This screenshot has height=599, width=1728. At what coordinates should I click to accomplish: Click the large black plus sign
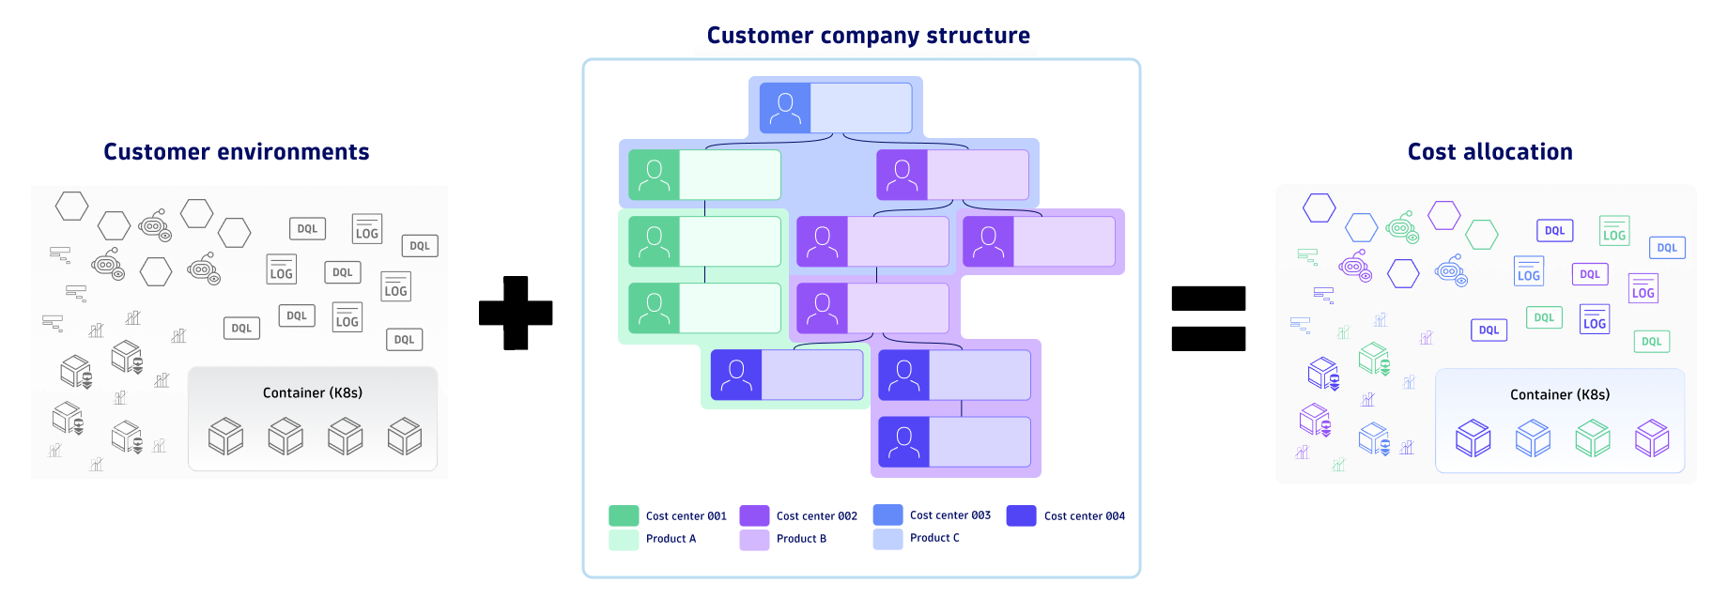tap(516, 313)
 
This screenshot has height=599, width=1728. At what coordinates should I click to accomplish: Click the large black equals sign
tap(1208, 318)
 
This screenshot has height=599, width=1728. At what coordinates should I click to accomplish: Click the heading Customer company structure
tap(868, 36)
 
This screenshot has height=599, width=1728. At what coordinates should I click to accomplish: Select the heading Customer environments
tap(236, 152)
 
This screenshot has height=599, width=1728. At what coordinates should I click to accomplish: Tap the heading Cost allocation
tap(1489, 152)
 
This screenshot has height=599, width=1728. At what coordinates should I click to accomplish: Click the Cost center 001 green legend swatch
tap(624, 515)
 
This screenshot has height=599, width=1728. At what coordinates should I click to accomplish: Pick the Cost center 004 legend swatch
tap(1021, 515)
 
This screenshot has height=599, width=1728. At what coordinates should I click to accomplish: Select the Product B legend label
tap(801, 539)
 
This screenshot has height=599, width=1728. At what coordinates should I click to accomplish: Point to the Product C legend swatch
tap(887, 539)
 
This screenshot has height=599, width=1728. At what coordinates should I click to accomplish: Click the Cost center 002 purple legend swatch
tap(754, 515)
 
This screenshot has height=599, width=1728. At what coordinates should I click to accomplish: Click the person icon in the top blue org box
tap(784, 108)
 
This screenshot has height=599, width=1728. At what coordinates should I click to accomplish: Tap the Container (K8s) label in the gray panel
tap(312, 392)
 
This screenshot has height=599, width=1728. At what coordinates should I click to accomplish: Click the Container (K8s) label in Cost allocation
tap(1559, 394)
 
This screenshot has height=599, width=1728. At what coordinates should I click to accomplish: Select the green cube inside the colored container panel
tap(1592, 438)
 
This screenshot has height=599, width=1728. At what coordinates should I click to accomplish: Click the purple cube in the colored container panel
tap(1651, 438)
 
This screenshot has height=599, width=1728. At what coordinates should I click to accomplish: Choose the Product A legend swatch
tap(624, 539)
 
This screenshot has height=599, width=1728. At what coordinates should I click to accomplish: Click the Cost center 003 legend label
tap(949, 515)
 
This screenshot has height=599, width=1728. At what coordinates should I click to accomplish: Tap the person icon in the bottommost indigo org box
tap(903, 442)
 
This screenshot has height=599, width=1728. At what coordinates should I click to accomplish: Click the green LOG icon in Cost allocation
tap(1613, 231)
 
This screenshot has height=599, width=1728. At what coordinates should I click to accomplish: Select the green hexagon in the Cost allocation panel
tap(1481, 234)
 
